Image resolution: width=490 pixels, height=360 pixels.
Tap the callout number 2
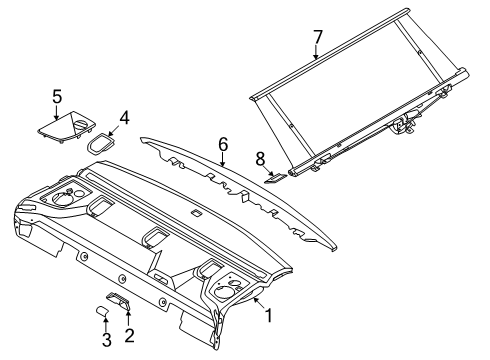pyautogui.click(x=128, y=335)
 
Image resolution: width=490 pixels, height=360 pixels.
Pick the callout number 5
pyautogui.click(x=57, y=97)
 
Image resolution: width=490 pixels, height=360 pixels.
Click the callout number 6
pyautogui.click(x=223, y=143)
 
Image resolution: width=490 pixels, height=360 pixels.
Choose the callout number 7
pyautogui.click(x=317, y=37)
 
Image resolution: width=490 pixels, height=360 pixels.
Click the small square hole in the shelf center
pyautogui.click(x=196, y=214)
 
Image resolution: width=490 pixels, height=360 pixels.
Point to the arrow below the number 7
pyautogui.click(x=316, y=55)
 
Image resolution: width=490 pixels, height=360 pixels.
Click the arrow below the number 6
pyautogui.click(x=222, y=160)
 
